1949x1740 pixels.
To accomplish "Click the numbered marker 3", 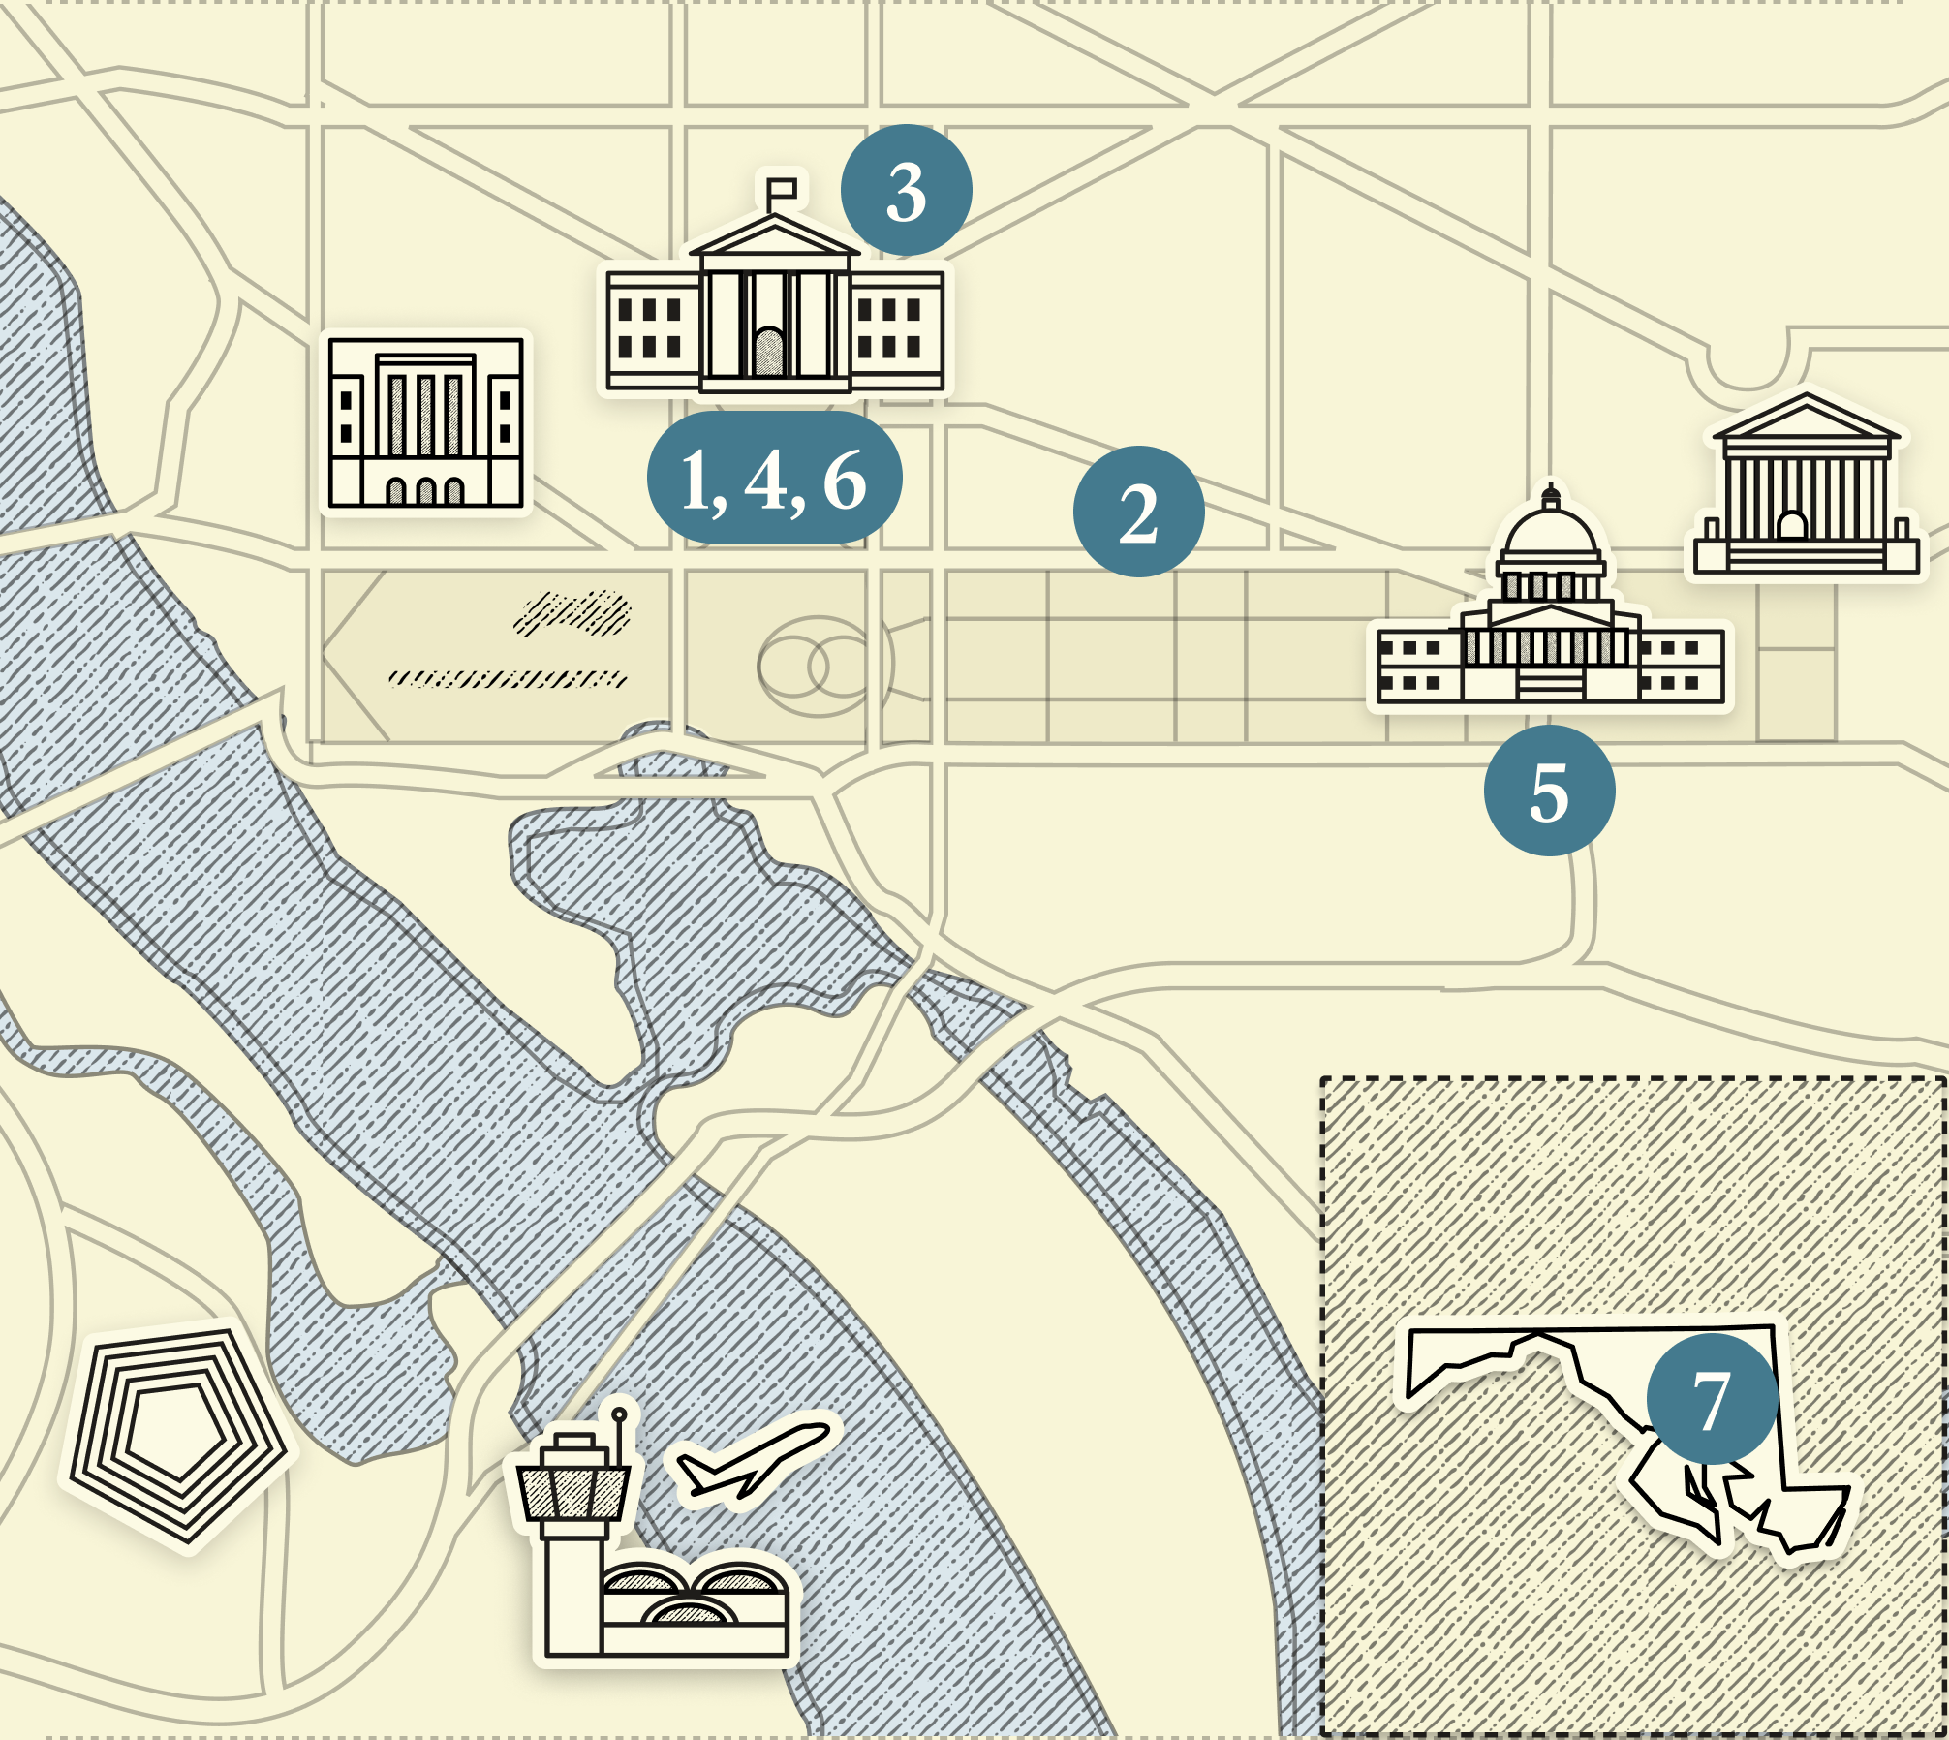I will pos(906,191).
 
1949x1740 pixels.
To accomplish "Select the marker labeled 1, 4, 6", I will pos(774,478).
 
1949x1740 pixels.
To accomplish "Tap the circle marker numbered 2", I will pos(1138,512).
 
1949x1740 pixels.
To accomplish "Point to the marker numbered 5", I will pos(1549,791).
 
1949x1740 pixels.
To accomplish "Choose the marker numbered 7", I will pos(1712,1399).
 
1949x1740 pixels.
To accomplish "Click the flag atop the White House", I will pos(782,188).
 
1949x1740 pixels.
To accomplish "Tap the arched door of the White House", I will pos(769,351).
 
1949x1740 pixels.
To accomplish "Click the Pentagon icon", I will pos(177,1435).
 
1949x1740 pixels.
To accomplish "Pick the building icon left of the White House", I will pos(425,422).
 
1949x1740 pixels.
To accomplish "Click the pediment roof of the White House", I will pos(774,238).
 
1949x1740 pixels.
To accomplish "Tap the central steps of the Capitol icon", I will pos(1551,684).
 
